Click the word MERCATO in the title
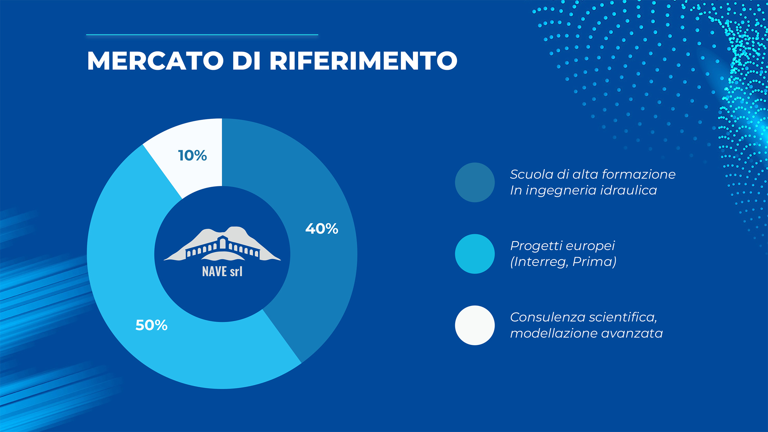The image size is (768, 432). (x=156, y=61)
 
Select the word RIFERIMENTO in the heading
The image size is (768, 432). (x=363, y=61)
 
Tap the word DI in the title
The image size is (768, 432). (x=246, y=61)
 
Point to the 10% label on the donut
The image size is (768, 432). (x=192, y=156)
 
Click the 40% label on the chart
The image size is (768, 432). (x=322, y=229)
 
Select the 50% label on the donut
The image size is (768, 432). (x=151, y=325)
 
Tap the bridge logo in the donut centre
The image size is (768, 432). (x=222, y=244)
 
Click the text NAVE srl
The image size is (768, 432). (x=222, y=272)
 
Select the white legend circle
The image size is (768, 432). (x=475, y=325)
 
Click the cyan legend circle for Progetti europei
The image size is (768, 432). (x=475, y=254)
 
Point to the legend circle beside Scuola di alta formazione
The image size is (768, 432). (x=475, y=182)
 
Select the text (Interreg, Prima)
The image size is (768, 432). (x=563, y=262)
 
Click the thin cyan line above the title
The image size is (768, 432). (x=202, y=35)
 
